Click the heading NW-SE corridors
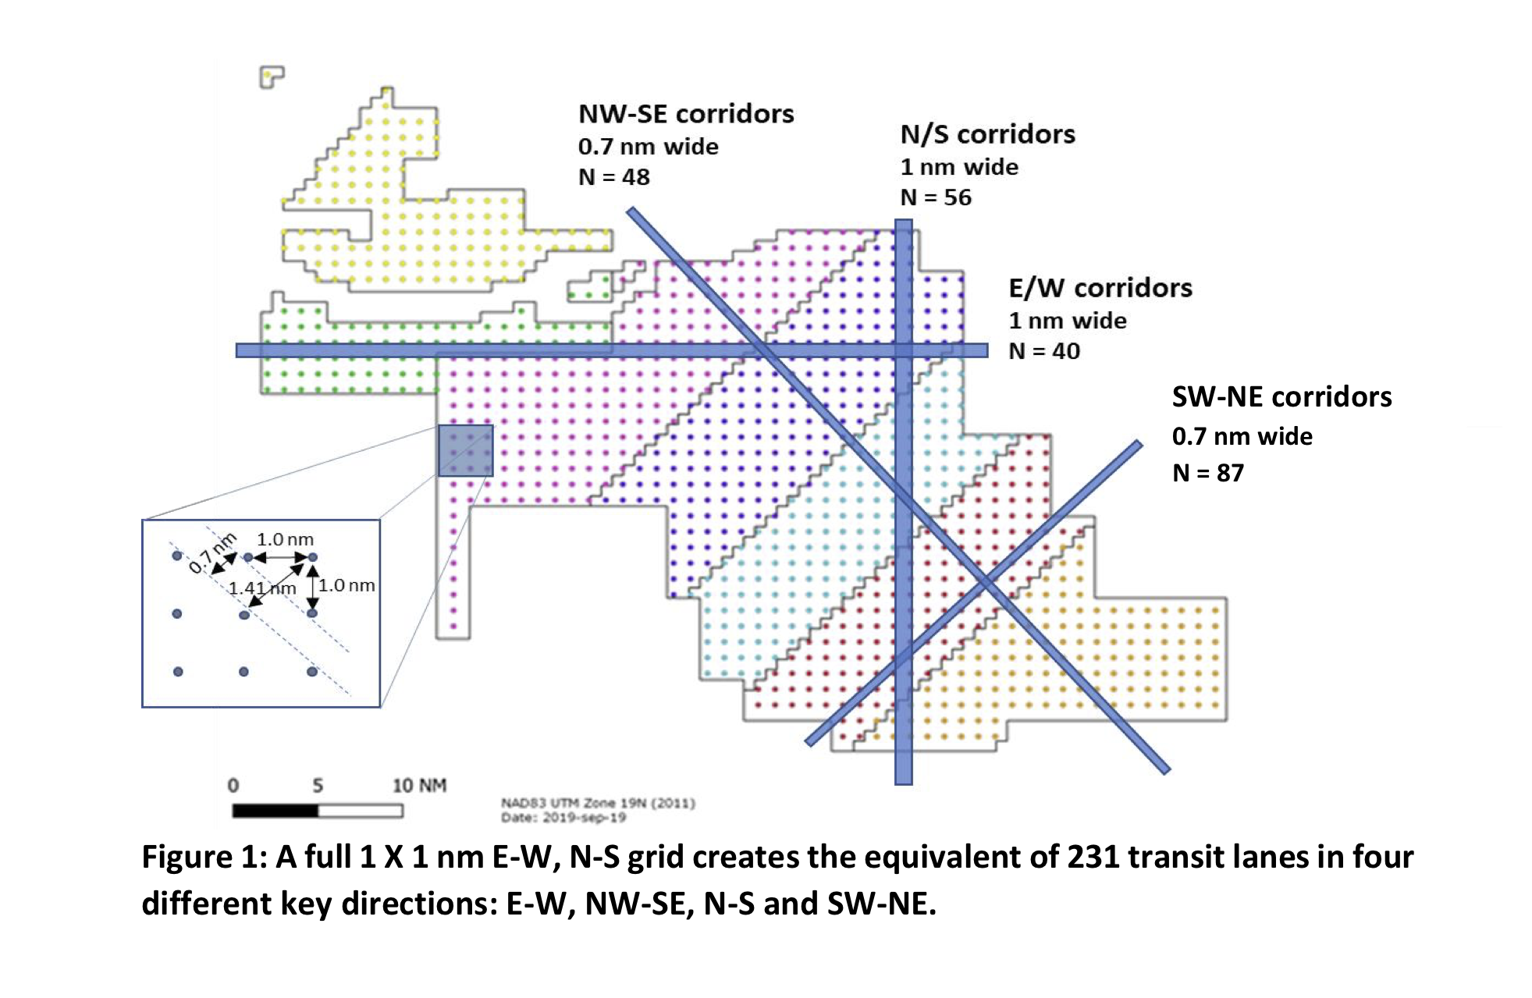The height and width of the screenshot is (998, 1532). [x=685, y=114]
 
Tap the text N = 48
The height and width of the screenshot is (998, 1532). [x=613, y=177]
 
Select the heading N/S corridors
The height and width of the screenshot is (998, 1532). [x=987, y=134]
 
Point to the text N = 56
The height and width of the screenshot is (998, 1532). [x=936, y=197]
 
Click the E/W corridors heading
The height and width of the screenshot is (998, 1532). [x=1100, y=288]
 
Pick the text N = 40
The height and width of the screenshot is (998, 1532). [x=1044, y=351]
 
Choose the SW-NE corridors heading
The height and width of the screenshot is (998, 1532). [x=1281, y=396]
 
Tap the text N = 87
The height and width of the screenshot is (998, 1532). [x=1207, y=473]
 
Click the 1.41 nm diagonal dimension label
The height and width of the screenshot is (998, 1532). [x=262, y=588]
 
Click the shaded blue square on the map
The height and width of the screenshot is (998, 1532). [x=465, y=450]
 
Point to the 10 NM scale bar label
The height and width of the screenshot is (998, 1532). [x=419, y=785]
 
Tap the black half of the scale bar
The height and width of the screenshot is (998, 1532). [x=275, y=811]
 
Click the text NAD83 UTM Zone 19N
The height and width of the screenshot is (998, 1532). [x=597, y=803]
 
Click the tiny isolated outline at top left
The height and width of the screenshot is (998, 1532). [x=270, y=76]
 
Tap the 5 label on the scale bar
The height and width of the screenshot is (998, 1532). [x=318, y=785]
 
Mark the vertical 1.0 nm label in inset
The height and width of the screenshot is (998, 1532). [x=347, y=585]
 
